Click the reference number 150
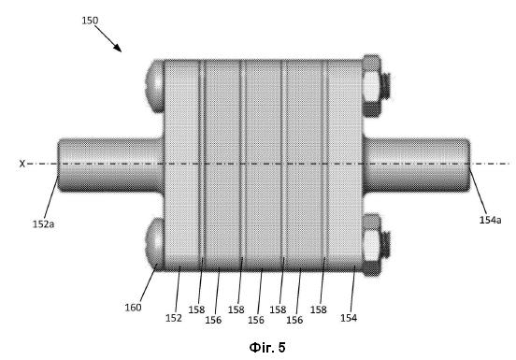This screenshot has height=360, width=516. pyautogui.click(x=90, y=21)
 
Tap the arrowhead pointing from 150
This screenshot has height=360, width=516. pyautogui.click(x=118, y=48)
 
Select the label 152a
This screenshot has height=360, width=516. pyautogui.click(x=43, y=224)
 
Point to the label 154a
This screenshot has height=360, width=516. pyautogui.click(x=490, y=220)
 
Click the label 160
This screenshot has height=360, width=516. pyautogui.click(x=133, y=308)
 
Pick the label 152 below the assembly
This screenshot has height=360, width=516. pyautogui.click(x=174, y=318)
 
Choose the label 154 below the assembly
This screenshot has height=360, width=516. pyautogui.click(x=349, y=318)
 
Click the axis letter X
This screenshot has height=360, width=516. pyautogui.click(x=22, y=164)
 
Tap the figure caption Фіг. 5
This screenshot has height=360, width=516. pyautogui.click(x=267, y=348)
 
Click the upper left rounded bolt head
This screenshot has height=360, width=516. pyautogui.click(x=155, y=86)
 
